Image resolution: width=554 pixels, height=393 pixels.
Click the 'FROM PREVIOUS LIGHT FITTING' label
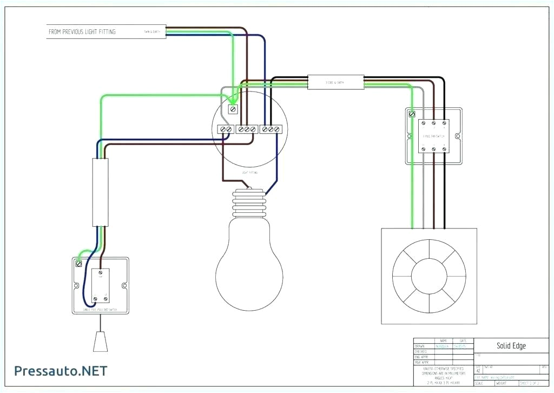pyautogui.click(x=82, y=32)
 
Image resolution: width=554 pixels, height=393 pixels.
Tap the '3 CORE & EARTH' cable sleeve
pyautogui.click(x=335, y=82)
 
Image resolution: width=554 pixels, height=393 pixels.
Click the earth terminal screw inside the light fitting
pyautogui.click(x=233, y=109)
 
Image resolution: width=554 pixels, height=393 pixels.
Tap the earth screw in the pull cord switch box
pyautogui.click(x=79, y=264)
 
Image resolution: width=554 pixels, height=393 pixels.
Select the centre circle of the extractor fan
pyautogui.click(x=429, y=276)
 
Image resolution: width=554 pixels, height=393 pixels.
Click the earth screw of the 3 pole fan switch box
pyautogui.click(x=412, y=114)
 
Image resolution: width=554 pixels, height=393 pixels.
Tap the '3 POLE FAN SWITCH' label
pyautogui.click(x=434, y=136)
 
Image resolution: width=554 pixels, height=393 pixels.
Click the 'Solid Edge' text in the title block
pyautogui.click(x=511, y=345)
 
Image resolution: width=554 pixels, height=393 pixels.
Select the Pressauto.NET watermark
pyautogui.click(x=61, y=371)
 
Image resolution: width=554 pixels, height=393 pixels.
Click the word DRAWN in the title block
pyautogui.click(x=420, y=346)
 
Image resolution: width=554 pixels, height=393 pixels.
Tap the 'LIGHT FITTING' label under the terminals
pyautogui.click(x=249, y=172)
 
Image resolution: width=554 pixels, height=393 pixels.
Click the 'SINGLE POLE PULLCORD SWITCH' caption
pyautogui.click(x=101, y=309)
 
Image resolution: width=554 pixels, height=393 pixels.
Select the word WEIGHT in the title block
pyautogui.click(x=502, y=383)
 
